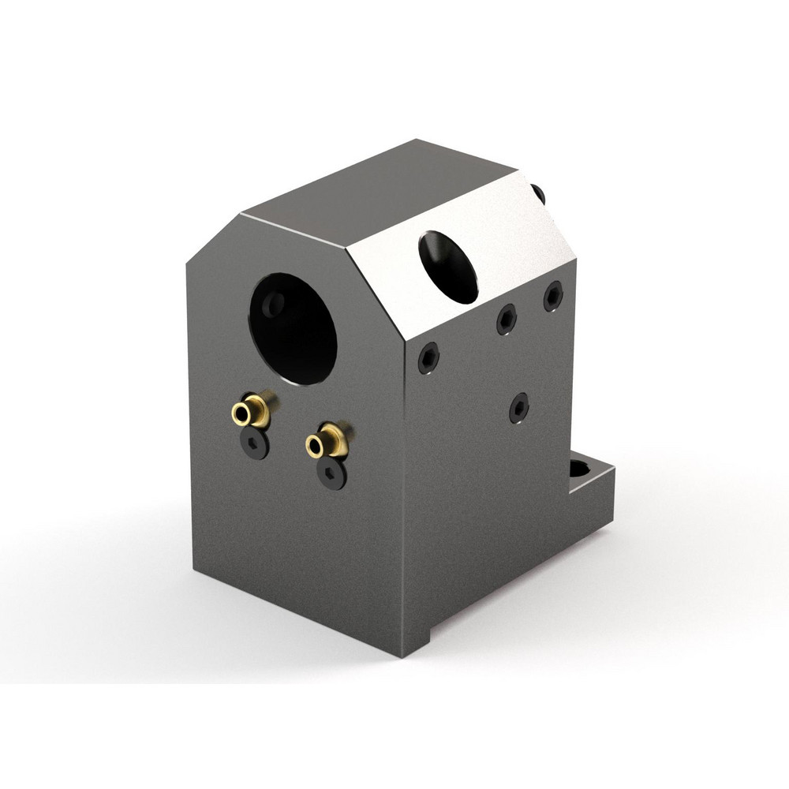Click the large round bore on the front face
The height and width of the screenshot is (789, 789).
(x=294, y=328)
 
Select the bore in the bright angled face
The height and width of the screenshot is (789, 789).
(x=448, y=267)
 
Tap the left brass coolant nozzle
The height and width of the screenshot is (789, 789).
(x=250, y=410)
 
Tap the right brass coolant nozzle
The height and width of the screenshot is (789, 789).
(x=325, y=443)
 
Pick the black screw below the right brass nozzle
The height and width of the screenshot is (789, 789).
(x=331, y=473)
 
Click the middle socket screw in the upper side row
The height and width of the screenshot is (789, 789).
(x=506, y=319)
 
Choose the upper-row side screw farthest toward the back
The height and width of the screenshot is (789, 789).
(x=553, y=296)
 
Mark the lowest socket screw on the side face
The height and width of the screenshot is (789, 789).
(x=518, y=407)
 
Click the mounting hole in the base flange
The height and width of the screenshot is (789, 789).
(x=580, y=469)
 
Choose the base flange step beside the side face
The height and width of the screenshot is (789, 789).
(x=592, y=481)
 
